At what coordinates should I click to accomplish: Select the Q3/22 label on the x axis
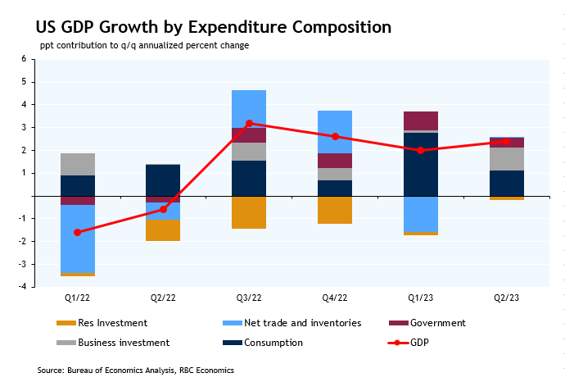point(249,298)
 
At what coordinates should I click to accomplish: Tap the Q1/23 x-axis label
point(420,298)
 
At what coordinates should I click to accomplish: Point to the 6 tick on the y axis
point(23,59)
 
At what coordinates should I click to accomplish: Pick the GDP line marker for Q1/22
point(78,232)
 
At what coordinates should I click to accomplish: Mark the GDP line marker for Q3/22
point(249,123)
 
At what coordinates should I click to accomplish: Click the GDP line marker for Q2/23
point(507,141)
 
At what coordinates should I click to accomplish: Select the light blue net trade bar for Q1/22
point(78,239)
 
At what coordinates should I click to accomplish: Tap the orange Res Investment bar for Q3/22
point(249,212)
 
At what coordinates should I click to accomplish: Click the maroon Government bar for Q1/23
point(421,121)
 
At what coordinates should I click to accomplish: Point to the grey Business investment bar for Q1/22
point(78,164)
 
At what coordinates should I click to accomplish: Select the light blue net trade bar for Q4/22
point(335,132)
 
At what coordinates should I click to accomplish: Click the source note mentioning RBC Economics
point(136,371)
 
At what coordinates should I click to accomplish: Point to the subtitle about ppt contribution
point(144,46)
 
